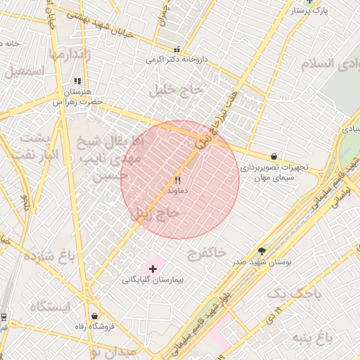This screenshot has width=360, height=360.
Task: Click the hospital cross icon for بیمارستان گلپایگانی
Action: tap(153, 269)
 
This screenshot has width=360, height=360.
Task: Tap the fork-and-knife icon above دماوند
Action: tap(177, 180)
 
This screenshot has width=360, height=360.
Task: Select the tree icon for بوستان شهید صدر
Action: tap(262, 250)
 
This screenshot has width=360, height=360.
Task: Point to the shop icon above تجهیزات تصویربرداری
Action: tap(274, 156)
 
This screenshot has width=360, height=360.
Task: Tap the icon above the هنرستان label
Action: tap(77, 82)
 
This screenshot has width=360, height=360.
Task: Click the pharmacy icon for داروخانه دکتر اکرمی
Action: tap(176, 50)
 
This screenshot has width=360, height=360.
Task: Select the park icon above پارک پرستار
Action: tap(310, 2)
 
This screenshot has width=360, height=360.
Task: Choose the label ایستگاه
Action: tap(50, 307)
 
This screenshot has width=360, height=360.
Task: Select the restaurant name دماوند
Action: tap(177, 191)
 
